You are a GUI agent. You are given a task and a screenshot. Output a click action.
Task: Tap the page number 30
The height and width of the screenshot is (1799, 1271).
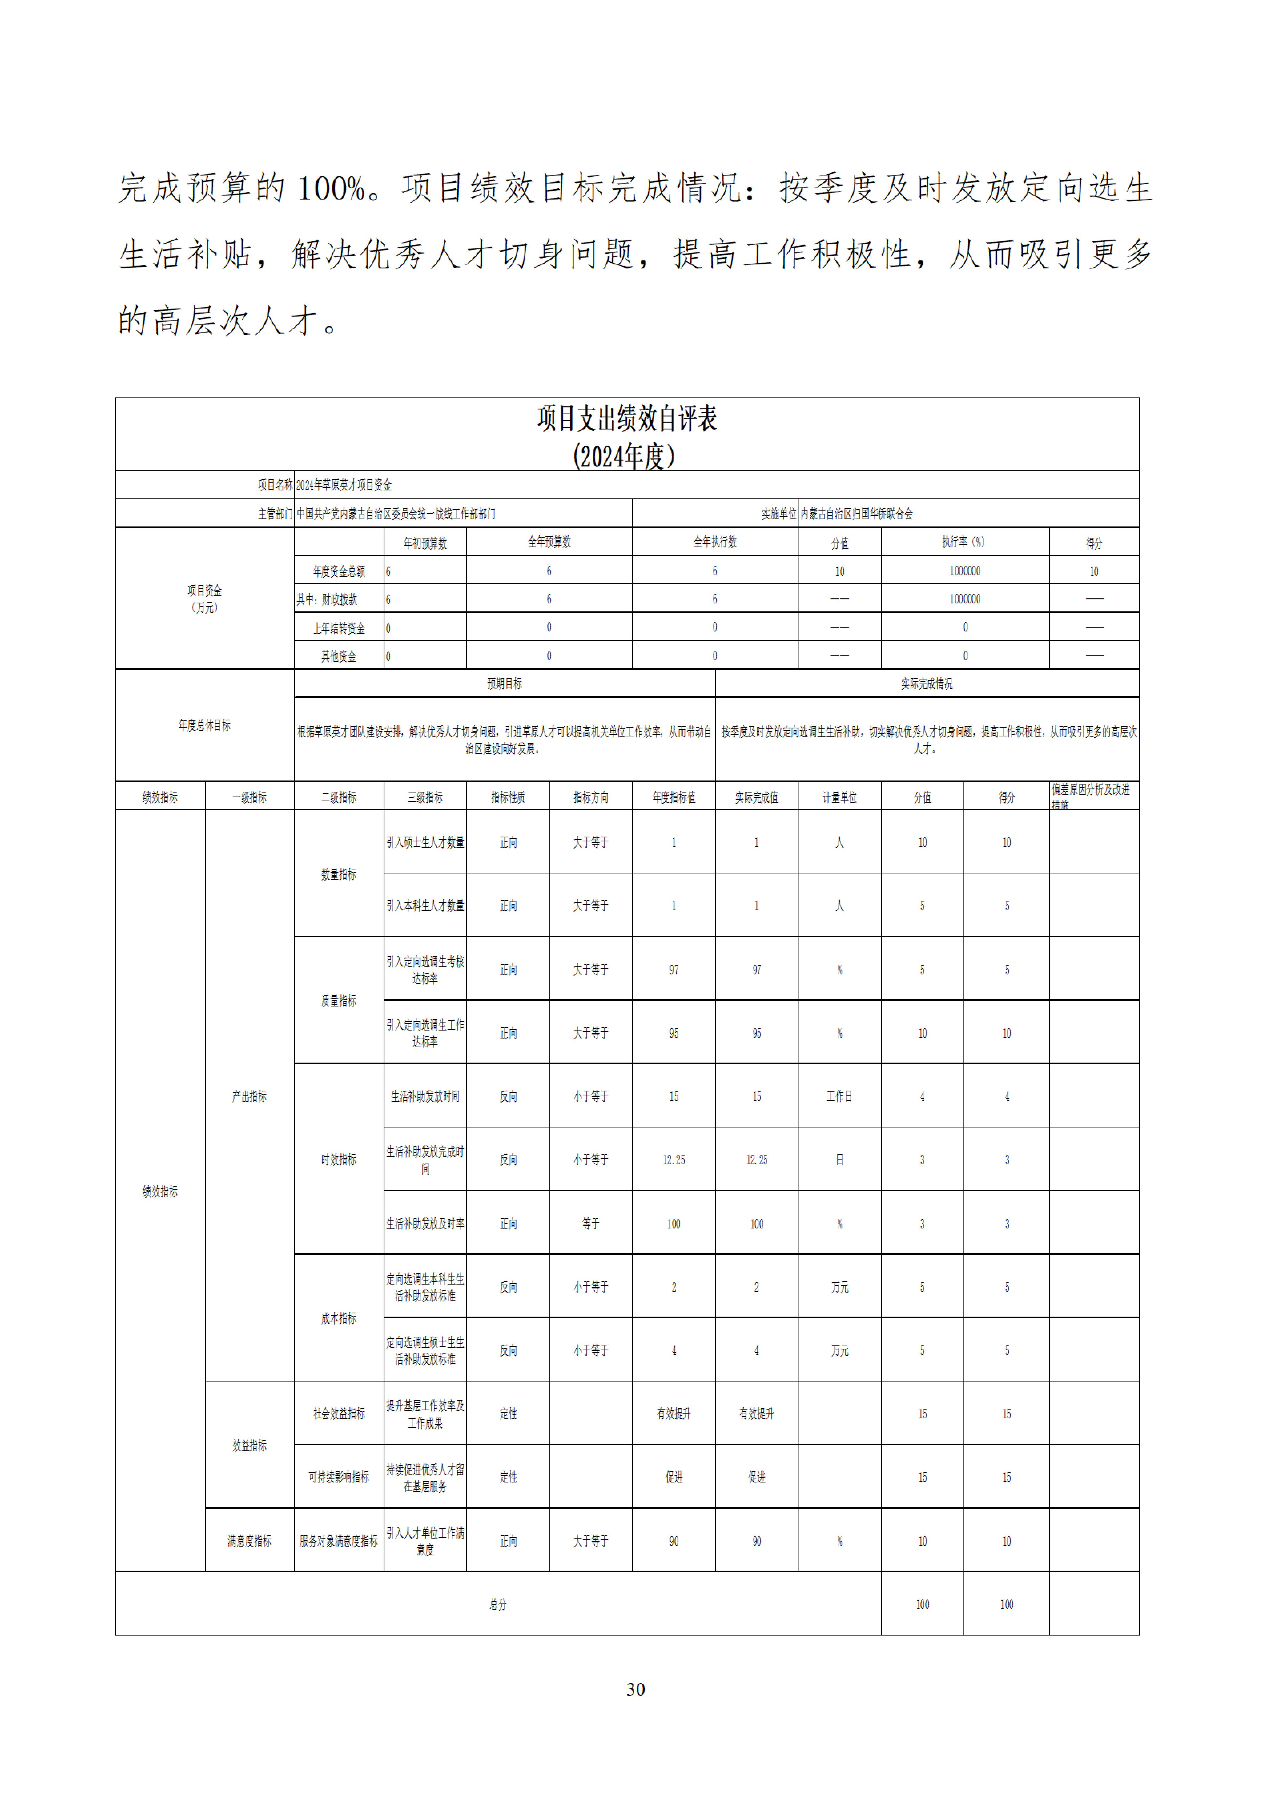tap(635, 1688)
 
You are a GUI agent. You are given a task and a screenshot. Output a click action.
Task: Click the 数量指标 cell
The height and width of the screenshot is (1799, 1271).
tap(338, 874)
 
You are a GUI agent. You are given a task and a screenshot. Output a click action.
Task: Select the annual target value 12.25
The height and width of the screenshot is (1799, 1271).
tap(674, 1160)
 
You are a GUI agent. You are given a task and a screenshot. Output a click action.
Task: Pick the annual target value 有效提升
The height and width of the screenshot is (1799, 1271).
tap(674, 1414)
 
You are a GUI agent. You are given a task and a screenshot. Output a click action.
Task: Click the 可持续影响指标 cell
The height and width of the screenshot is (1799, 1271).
tap(338, 1477)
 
